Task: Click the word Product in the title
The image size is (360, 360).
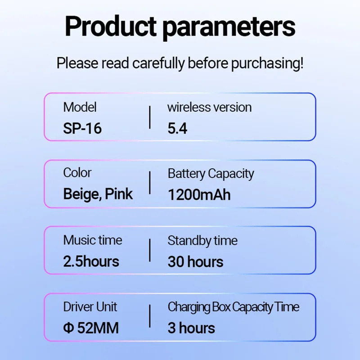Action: [111, 26]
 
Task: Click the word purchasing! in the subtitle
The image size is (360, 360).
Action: [267, 63]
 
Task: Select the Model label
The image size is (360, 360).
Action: [80, 107]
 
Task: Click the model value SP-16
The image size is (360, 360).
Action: [82, 128]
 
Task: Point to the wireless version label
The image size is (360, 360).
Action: [209, 107]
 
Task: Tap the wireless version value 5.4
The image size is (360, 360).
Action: [177, 128]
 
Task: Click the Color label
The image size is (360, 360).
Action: [77, 173]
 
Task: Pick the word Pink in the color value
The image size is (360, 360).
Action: [119, 194]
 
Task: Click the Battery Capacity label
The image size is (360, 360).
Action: [211, 174]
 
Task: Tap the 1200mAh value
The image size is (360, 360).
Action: [199, 195]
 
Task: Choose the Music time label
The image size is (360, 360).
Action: [93, 240]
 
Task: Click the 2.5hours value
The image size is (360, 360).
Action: [91, 261]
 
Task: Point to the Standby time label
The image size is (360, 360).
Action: [202, 241]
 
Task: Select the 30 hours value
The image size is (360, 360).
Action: [195, 262]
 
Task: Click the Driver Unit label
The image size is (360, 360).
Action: [90, 307]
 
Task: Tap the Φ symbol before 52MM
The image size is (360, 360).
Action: [68, 328]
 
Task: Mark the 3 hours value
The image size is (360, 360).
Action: [191, 328]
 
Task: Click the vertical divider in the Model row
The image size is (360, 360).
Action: [150, 117]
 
